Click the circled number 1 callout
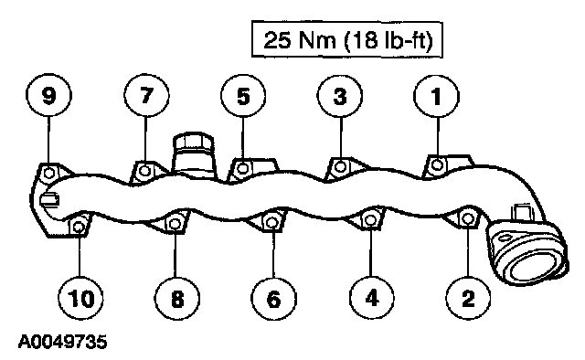point(436,96)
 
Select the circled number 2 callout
point(468,299)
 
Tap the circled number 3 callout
point(339,96)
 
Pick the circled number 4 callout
point(371,299)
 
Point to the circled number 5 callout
point(243,96)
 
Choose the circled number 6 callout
point(274,299)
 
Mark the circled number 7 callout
point(146,95)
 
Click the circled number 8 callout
point(176,299)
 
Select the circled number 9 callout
point(48,95)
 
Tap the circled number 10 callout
point(80,299)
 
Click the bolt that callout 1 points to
point(437,164)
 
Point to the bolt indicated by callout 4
point(369,219)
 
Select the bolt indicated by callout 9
point(48,173)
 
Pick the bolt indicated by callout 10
point(79,226)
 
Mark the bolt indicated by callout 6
point(271,222)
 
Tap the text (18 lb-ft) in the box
point(388,40)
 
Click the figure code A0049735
point(63,342)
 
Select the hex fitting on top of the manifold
point(193,142)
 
